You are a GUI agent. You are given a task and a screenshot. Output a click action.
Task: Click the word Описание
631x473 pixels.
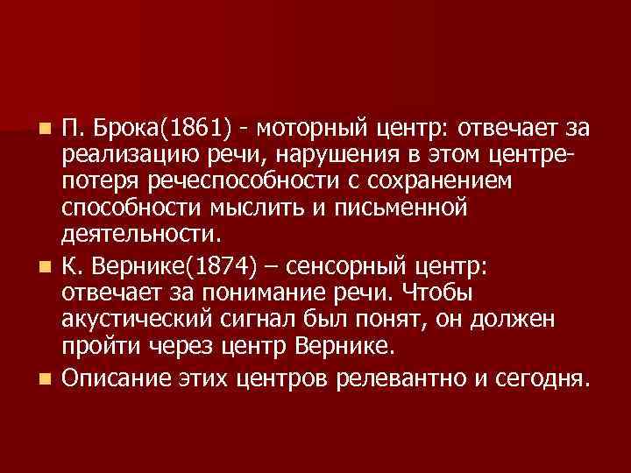pos(114,378)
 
